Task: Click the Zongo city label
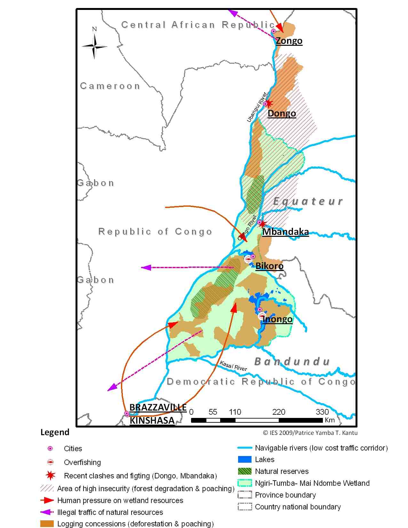[289, 41]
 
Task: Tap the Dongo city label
[282, 114]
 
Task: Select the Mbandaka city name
[285, 232]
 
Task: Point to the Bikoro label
[269, 266]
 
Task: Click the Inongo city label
[277, 319]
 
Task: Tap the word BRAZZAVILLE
[158, 408]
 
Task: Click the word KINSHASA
[152, 420]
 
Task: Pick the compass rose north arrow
[94, 46]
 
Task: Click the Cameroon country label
[110, 86]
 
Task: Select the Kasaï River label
[233, 366]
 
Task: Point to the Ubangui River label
[257, 107]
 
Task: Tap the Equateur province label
[308, 201]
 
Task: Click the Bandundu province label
[292, 362]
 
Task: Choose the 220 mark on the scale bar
[278, 412]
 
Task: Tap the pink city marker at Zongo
[274, 31]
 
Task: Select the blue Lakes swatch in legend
[244, 460]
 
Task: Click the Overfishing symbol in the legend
[50, 462]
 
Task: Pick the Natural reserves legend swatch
[244, 471]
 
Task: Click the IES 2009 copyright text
[310, 433]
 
